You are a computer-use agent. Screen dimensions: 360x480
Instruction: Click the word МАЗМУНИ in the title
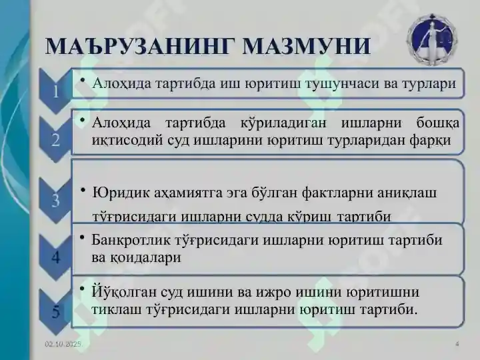[307, 45]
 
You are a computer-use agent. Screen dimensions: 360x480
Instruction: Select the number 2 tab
[56, 139]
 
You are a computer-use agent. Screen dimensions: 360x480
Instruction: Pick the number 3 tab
[56, 199]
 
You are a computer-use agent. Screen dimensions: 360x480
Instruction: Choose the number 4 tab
[56, 256]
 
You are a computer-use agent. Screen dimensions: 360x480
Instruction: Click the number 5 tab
[56, 310]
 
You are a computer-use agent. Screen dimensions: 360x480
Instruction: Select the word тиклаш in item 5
[113, 309]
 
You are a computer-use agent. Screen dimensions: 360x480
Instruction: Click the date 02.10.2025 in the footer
[63, 343]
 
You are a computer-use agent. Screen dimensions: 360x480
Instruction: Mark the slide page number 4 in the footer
[457, 343]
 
